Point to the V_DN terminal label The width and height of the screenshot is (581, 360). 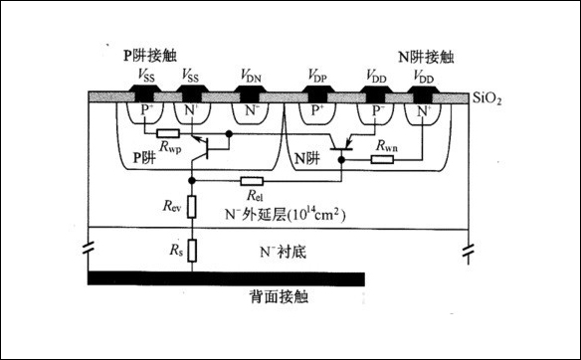pyautogui.click(x=249, y=76)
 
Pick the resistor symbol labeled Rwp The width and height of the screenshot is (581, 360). pyautogui.click(x=167, y=132)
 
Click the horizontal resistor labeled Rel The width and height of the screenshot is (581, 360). pyautogui.click(x=253, y=181)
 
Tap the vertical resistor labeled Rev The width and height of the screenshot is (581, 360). pyautogui.click(x=195, y=208)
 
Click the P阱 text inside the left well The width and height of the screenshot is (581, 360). pyautogui.click(x=145, y=158)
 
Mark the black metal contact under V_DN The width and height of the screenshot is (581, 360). pyautogui.click(x=249, y=95)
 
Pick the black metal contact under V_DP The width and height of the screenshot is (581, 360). pyautogui.click(x=318, y=95)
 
